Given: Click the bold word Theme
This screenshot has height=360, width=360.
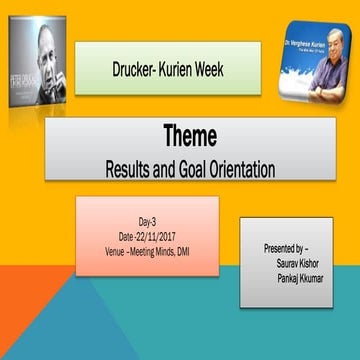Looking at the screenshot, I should point(190,137).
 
